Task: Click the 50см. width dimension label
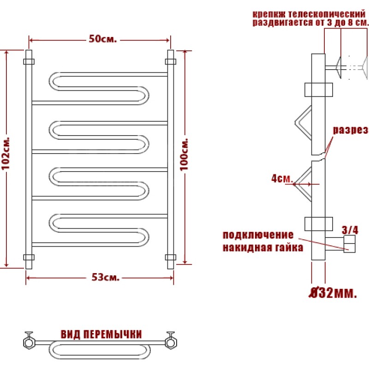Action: [x=103, y=39]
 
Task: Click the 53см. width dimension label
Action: [x=106, y=278]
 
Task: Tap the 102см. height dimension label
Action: [x=6, y=153]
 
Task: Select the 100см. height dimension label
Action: [x=184, y=155]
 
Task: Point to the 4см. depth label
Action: [x=282, y=179]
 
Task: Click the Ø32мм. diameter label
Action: [x=333, y=293]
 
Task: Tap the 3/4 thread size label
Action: [x=350, y=230]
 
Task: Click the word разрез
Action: [x=351, y=130]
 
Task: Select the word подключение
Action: [x=258, y=235]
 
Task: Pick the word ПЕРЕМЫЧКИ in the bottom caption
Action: [x=113, y=334]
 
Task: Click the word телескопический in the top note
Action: [x=327, y=14]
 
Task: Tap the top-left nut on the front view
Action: [x=29, y=62]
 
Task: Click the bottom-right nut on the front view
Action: [x=171, y=257]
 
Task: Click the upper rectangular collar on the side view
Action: [x=319, y=89]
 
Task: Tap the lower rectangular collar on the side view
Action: [x=319, y=224]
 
